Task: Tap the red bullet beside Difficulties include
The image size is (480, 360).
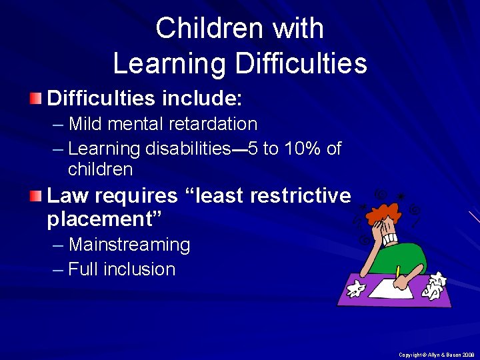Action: [35, 100]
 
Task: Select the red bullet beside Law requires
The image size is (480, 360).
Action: [35, 196]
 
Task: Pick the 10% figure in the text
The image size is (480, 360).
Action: [304, 148]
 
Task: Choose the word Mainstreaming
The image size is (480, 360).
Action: [129, 245]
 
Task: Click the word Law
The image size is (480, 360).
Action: [65, 195]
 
